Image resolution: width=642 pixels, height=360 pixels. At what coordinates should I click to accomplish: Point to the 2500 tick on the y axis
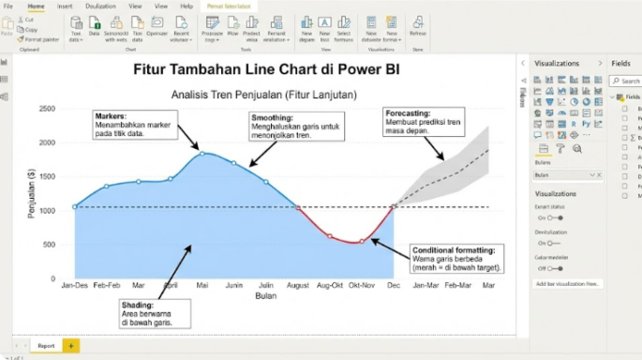pyautogui.click(x=48, y=109)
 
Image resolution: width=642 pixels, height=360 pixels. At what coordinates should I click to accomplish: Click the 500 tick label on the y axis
pyautogui.click(x=51, y=244)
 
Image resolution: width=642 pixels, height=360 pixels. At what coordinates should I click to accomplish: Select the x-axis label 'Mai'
pyautogui.click(x=202, y=284)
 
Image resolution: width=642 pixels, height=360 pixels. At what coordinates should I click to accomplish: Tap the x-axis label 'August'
pyautogui.click(x=298, y=284)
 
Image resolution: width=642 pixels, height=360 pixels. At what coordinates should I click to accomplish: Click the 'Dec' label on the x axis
pyautogui.click(x=394, y=284)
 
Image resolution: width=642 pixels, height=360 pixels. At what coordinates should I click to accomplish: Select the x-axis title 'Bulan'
pyautogui.click(x=266, y=296)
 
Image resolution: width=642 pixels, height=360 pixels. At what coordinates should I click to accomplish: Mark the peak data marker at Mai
pyautogui.click(x=202, y=152)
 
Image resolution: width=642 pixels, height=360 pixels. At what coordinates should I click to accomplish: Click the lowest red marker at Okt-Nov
pyautogui.click(x=362, y=242)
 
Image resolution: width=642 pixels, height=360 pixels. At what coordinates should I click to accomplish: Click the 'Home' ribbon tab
pyautogui.click(x=36, y=6)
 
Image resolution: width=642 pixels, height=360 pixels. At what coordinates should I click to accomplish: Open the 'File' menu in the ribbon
pyautogui.click(x=8, y=6)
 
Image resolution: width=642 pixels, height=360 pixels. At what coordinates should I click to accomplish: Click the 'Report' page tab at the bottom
pyautogui.click(x=46, y=346)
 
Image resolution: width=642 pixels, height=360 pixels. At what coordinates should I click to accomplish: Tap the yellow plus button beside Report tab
pyautogui.click(x=70, y=346)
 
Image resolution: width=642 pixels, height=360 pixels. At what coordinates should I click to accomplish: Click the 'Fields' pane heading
pyautogui.click(x=621, y=63)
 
